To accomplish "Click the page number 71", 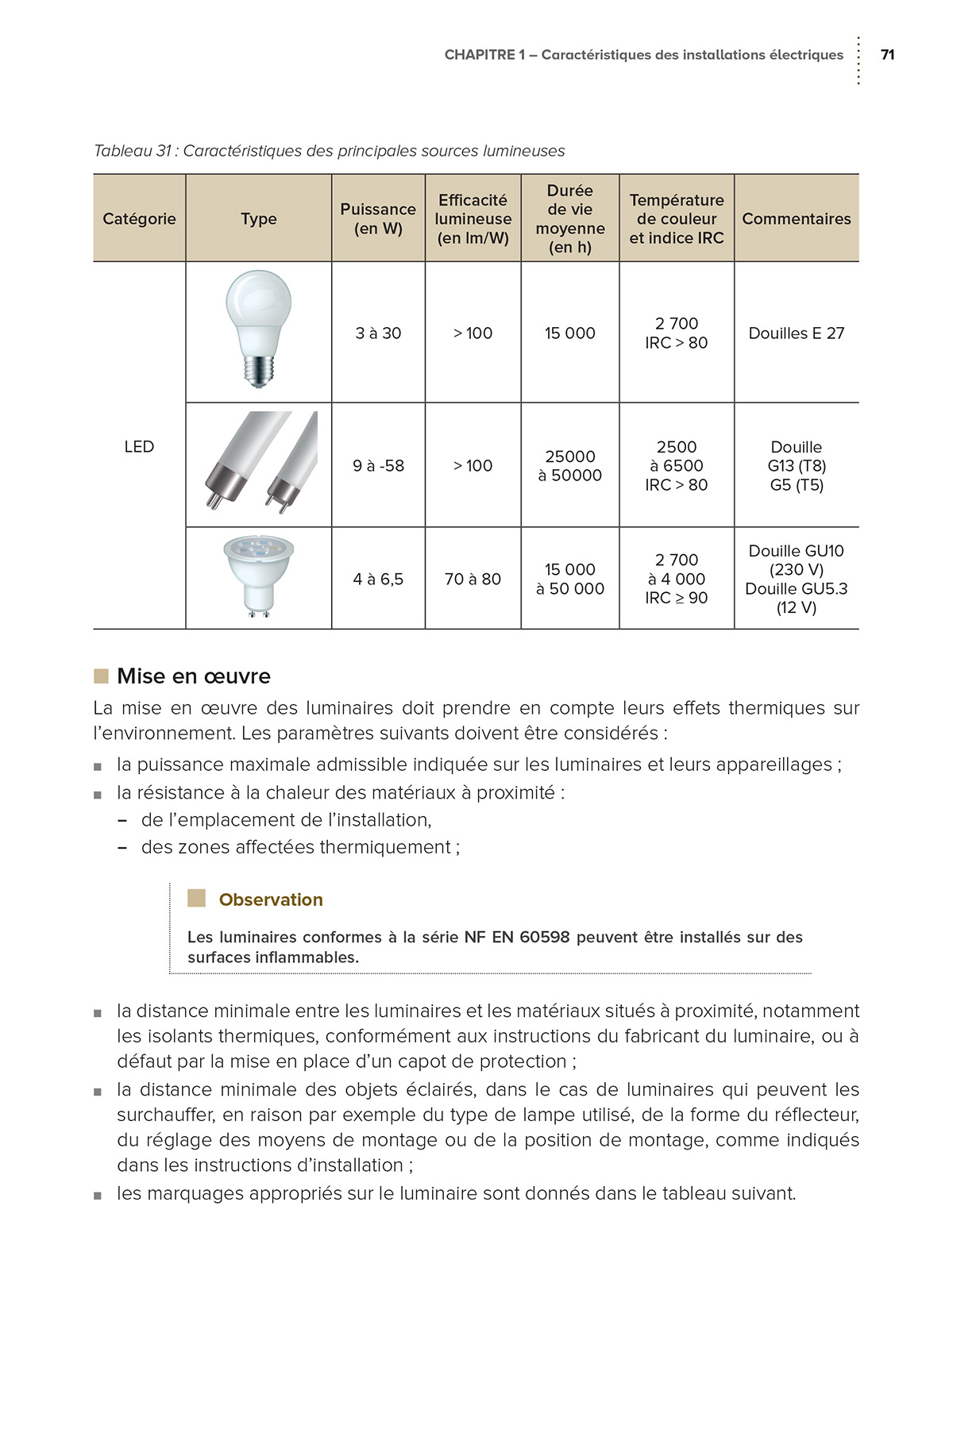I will pyautogui.click(x=887, y=55).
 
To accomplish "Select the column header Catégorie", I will pyautogui.click(x=139, y=218).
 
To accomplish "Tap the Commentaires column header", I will pyautogui.click(x=796, y=218).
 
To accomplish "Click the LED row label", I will pyautogui.click(x=139, y=446).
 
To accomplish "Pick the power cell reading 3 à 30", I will pyautogui.click(x=378, y=333).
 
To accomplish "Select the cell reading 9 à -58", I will pyautogui.click(x=378, y=466).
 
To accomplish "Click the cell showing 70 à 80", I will pyautogui.click(x=473, y=580).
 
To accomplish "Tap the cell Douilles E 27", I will pyautogui.click(x=796, y=333).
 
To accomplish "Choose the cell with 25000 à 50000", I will pyautogui.click(x=569, y=466).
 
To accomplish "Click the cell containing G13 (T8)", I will pyautogui.click(x=796, y=466).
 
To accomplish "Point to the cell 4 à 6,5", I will pyautogui.click(x=378, y=580).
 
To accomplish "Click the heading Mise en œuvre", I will pyautogui.click(x=194, y=676).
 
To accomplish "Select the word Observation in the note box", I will pyautogui.click(x=271, y=899).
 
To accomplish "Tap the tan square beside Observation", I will pyautogui.click(x=196, y=898).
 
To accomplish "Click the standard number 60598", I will pyautogui.click(x=545, y=937).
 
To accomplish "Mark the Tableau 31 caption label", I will pyautogui.click(x=133, y=151).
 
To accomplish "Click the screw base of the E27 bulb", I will pyautogui.click(x=258, y=371).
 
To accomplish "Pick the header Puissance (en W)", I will pyautogui.click(x=378, y=218).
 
